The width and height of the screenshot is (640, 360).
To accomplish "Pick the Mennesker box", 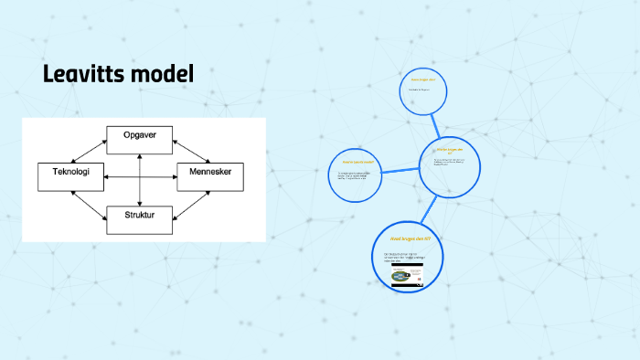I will pos(209,175).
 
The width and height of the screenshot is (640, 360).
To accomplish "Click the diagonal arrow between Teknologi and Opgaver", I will pos(89,150).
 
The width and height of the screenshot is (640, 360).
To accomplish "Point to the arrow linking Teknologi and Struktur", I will pos(89,200).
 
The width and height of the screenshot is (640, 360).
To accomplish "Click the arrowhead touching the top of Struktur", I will pos(140,204).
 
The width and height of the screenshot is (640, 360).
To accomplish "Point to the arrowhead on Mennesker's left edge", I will pos(174,175).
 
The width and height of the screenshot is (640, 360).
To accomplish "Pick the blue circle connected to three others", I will pos(451,164).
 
